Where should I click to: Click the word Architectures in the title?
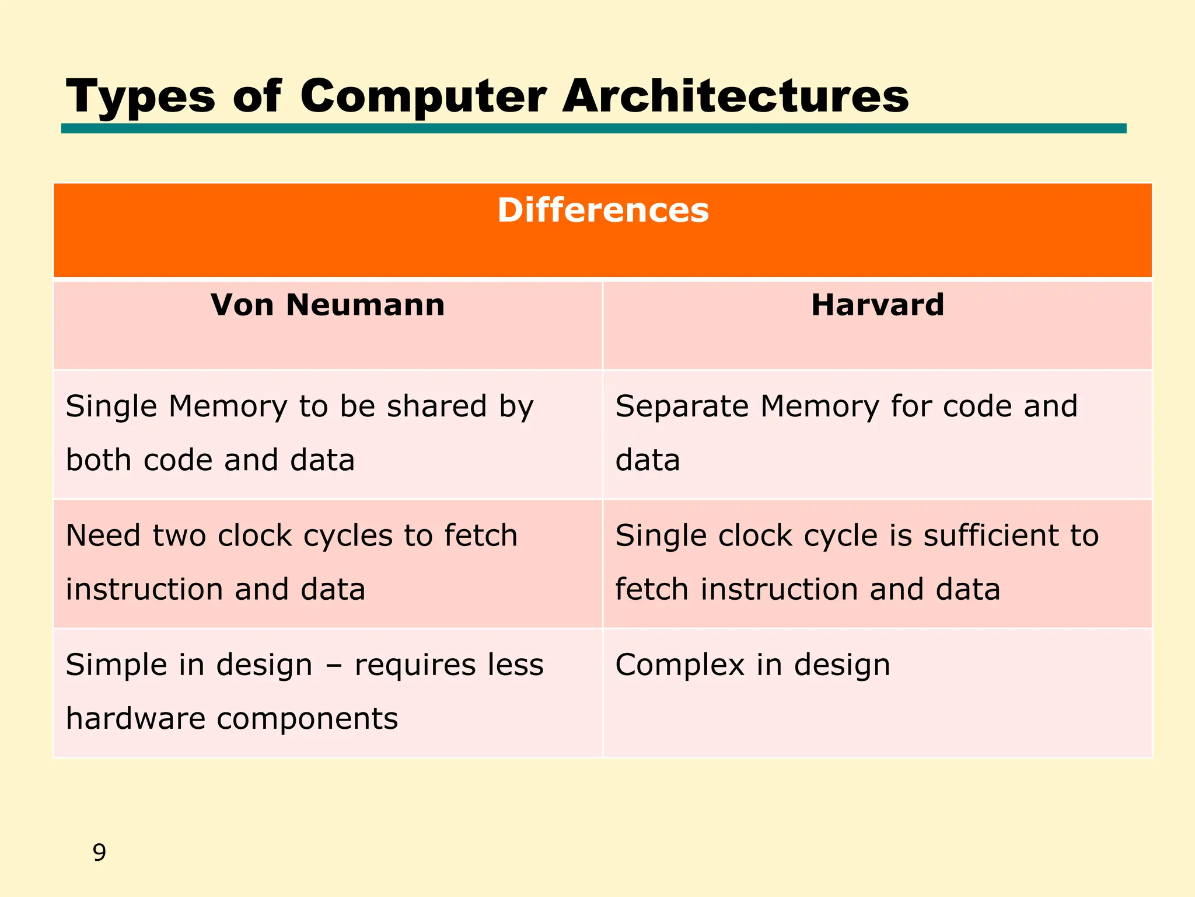tap(735, 96)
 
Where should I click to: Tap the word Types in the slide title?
tap(141, 97)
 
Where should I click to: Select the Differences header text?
tap(603, 210)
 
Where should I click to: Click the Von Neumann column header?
tap(327, 305)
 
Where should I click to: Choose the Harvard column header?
tap(877, 305)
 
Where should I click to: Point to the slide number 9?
tap(99, 853)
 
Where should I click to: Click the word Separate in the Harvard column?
tap(682, 406)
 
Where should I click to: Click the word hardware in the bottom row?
tap(135, 718)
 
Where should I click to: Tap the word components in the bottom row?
tap(308, 719)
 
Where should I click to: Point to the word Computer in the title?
tap(423, 97)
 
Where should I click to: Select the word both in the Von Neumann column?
tap(98, 460)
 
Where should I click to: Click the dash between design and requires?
tap(333, 666)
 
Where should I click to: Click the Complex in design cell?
tap(877, 693)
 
